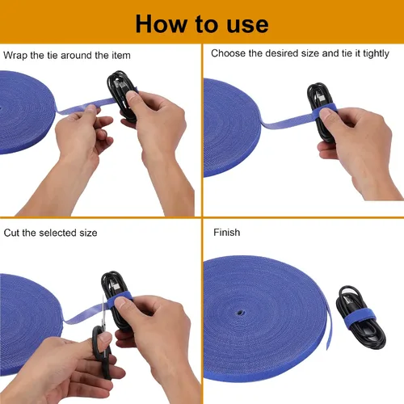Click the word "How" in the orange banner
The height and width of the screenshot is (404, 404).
pyautogui.click(x=161, y=24)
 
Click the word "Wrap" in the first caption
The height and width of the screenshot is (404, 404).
pyautogui.click(x=15, y=56)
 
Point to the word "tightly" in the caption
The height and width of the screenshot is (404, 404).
pyautogui.click(x=376, y=54)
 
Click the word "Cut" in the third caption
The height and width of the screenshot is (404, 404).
pyautogui.click(x=11, y=233)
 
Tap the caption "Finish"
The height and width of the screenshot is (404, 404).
pyautogui.click(x=226, y=233)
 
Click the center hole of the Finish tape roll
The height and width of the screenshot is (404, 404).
pyautogui.click(x=239, y=313)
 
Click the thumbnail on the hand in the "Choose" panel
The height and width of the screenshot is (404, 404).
pyautogui.click(x=326, y=113)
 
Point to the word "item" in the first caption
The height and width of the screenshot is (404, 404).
pyautogui.click(x=121, y=56)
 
